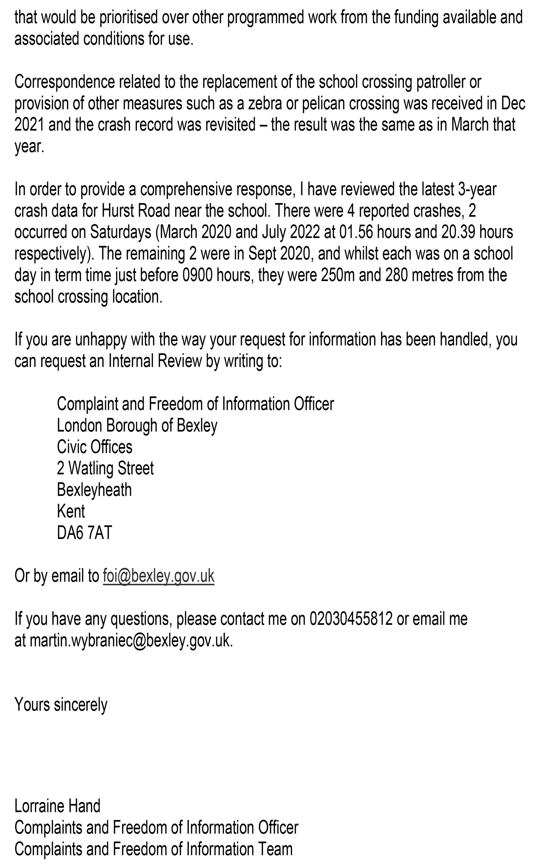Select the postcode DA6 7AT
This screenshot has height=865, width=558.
pyautogui.click(x=85, y=532)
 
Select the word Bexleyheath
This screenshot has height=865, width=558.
pyautogui.click(x=94, y=490)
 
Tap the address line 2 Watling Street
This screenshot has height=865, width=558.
pyautogui.click(x=105, y=468)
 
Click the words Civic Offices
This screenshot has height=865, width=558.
pyautogui.click(x=94, y=447)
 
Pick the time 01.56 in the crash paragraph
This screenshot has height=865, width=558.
pyautogui.click(x=356, y=232)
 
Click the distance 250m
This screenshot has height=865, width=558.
pyautogui.click(x=336, y=275)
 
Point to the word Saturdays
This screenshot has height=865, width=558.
pyautogui.click(x=121, y=232)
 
